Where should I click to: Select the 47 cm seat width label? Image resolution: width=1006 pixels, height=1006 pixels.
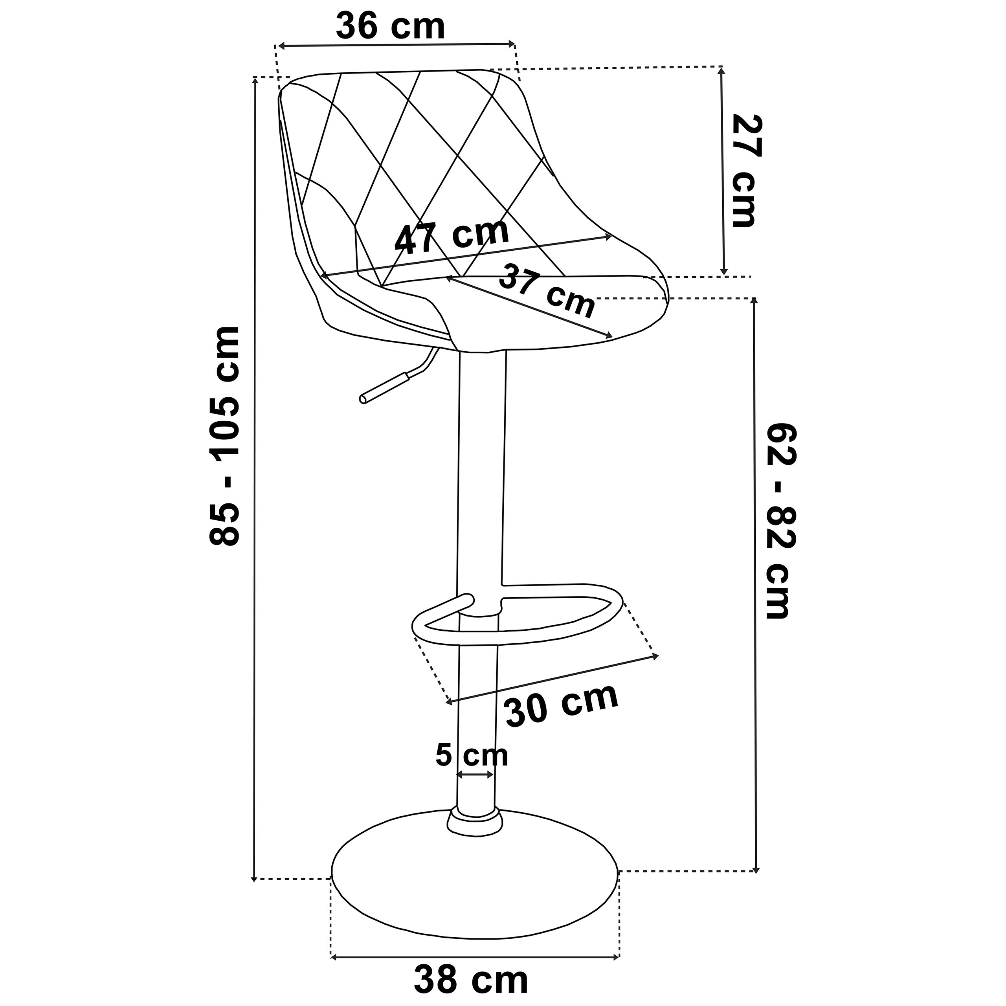pos(451,237)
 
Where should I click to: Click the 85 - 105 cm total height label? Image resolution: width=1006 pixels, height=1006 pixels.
pos(224,436)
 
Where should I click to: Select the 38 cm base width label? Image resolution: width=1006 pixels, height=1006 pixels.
pos(471,980)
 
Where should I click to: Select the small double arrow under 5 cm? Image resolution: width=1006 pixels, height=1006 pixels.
pos(474,790)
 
